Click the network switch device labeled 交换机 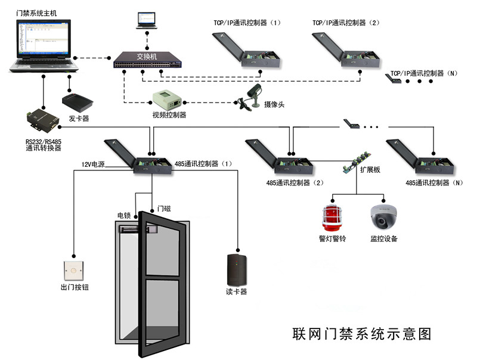(x=147, y=61)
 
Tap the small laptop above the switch (x=146, y=20)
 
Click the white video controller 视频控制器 (x=165, y=98)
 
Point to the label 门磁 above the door (x=163, y=209)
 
